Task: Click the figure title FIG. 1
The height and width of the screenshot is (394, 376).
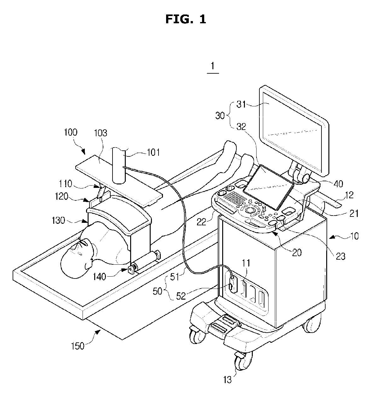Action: click(x=186, y=19)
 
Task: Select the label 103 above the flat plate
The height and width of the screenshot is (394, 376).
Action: click(x=100, y=133)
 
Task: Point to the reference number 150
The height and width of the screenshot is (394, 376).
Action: click(x=78, y=346)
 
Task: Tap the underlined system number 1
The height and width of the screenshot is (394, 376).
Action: click(x=213, y=66)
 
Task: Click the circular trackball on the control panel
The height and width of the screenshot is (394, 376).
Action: click(x=251, y=210)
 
